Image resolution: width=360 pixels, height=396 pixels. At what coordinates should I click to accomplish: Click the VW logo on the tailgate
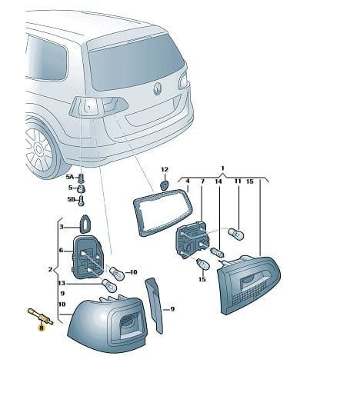[157, 88]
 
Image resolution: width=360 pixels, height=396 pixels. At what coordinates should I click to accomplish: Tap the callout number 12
[165, 169]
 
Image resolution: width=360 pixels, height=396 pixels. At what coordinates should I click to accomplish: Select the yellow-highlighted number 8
[41, 328]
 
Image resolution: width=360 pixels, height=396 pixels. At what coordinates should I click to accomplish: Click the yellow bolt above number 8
[40, 316]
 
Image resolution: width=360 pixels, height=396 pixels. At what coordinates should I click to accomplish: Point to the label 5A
[69, 177]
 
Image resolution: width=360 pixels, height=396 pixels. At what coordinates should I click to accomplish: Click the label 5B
[71, 199]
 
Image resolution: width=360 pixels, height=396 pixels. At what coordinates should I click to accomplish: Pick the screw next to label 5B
[82, 200]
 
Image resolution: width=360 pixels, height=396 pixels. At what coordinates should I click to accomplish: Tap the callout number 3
[62, 227]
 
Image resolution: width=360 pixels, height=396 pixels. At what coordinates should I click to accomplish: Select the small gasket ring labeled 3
[85, 225]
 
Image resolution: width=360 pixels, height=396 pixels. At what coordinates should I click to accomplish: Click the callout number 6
[61, 250]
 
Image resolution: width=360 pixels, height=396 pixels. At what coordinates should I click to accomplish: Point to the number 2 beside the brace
[50, 269]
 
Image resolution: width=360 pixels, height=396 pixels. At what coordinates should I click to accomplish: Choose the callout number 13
[62, 283]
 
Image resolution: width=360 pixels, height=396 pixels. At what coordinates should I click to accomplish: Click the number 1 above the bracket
[223, 168]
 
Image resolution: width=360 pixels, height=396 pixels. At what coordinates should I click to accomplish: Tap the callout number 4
[188, 181]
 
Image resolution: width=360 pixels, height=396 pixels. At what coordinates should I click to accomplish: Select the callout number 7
[202, 181]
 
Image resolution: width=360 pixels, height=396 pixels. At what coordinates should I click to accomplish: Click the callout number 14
[218, 181]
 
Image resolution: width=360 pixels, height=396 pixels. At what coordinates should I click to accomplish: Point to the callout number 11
[238, 181]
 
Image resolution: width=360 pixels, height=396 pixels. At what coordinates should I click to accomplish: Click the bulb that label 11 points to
[236, 234]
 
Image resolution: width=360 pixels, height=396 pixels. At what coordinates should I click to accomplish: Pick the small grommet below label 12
[164, 185]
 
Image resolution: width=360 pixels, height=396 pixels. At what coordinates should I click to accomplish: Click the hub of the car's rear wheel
[39, 149]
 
